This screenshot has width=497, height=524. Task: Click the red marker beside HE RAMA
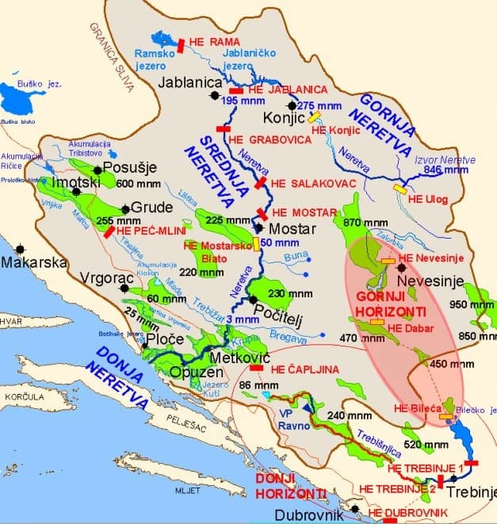tap(181, 46)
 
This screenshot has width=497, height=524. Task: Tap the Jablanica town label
tap(188, 82)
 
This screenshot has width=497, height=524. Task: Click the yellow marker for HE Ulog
tap(400, 189)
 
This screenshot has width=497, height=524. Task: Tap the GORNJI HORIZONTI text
tap(390, 304)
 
